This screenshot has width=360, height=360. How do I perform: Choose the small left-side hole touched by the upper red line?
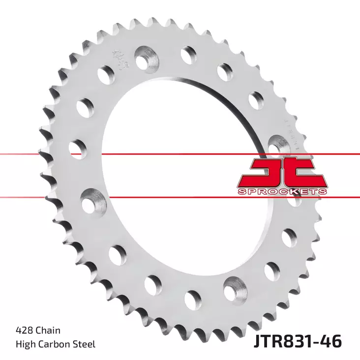click(78, 148)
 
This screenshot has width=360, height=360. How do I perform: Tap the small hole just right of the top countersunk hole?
click(188, 54)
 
